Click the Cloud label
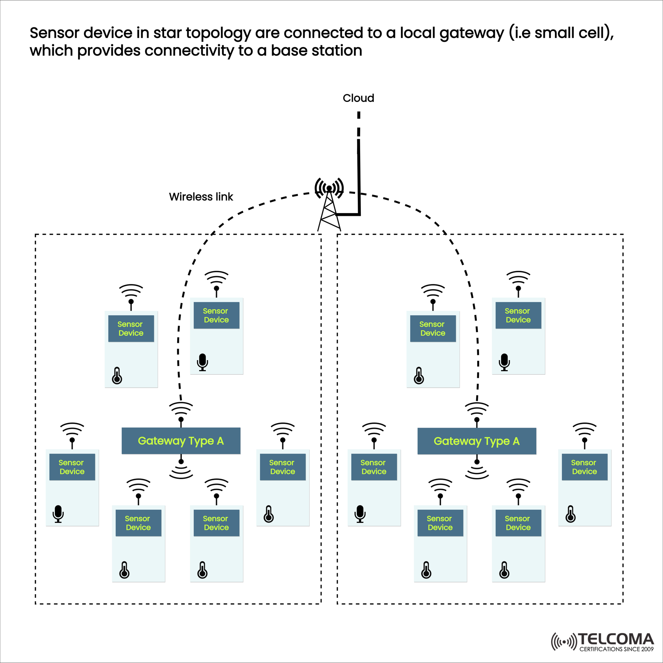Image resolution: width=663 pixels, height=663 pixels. [358, 98]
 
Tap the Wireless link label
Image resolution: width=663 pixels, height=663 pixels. [201, 197]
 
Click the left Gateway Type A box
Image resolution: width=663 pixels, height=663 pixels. [181, 441]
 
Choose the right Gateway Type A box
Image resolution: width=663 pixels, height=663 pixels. [477, 441]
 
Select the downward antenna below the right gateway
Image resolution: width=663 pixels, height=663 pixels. [477, 468]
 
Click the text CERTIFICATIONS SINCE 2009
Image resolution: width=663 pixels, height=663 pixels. [616, 649]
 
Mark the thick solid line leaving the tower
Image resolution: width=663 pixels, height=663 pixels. [359, 180]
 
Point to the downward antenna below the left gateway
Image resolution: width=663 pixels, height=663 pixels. [181, 468]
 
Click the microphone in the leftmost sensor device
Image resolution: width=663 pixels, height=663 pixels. [58, 514]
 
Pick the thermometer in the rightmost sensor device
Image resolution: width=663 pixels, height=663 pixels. [570, 514]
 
